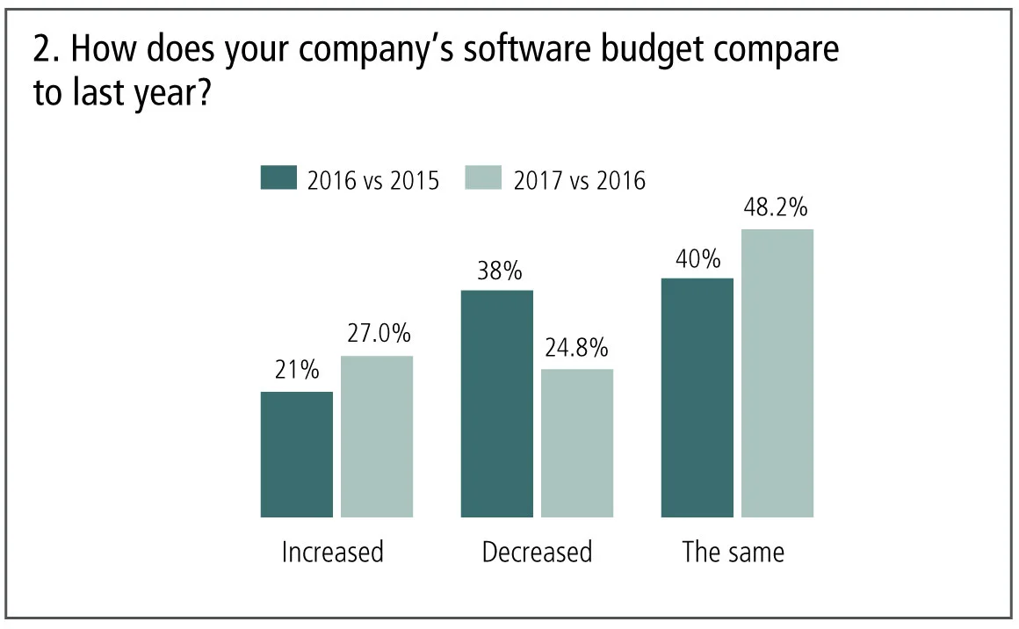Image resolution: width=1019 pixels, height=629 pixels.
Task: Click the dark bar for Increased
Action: tap(297, 454)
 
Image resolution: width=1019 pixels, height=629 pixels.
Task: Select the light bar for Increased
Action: tap(377, 437)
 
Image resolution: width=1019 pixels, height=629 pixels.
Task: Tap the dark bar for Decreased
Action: tap(497, 403)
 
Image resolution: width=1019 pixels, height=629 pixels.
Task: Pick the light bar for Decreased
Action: tap(577, 443)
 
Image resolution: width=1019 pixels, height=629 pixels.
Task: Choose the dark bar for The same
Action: tap(697, 397)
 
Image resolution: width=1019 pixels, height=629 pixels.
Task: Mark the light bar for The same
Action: tap(777, 372)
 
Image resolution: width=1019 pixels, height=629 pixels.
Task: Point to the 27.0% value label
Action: tap(377, 336)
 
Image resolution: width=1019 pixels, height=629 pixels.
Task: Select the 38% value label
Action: tap(497, 270)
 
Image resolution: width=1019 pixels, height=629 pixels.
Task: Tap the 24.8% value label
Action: tap(577, 349)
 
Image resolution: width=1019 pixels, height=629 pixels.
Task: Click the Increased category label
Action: tap(332, 553)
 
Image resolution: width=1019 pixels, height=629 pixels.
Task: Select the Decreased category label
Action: tap(537, 553)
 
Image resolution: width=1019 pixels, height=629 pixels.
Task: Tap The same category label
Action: tap(734, 553)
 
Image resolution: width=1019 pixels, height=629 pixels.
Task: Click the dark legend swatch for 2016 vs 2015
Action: tap(278, 178)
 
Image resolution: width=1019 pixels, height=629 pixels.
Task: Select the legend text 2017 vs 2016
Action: tap(579, 180)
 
